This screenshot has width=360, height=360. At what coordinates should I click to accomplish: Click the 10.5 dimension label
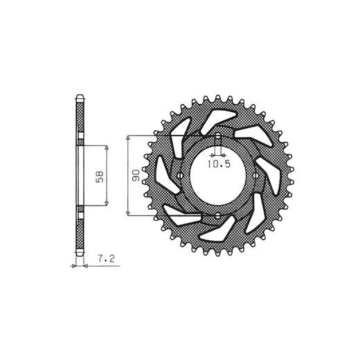[219, 164]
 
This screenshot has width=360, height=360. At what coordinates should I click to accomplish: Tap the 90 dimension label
[136, 175]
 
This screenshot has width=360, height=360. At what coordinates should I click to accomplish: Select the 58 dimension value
[100, 177]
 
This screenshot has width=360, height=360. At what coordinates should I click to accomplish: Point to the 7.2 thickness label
[106, 259]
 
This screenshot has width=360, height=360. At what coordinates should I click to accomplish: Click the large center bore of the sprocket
[218, 176]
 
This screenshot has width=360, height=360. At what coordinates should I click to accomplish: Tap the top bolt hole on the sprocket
[218, 136]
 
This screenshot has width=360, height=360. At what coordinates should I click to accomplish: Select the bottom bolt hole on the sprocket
[218, 216]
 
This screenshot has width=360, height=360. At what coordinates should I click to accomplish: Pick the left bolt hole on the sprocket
[180, 176]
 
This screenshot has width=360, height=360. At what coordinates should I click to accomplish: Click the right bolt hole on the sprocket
[255, 176]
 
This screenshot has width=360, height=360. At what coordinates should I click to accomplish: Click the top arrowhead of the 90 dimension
[127, 138]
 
